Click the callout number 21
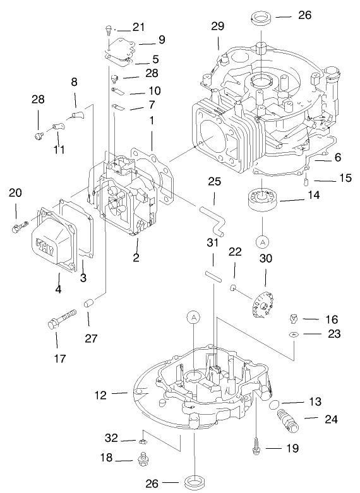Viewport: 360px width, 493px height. click(138, 27)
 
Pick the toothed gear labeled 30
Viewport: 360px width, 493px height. click(260, 304)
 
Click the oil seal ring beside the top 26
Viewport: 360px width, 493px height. click(260, 16)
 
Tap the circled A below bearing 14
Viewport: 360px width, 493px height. click(262, 241)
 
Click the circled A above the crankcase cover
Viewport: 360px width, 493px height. click(193, 318)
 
